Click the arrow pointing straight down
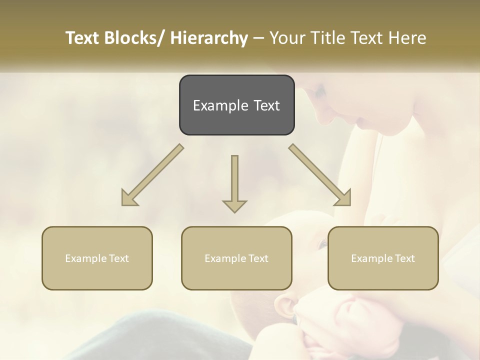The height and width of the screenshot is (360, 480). click(x=234, y=182)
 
